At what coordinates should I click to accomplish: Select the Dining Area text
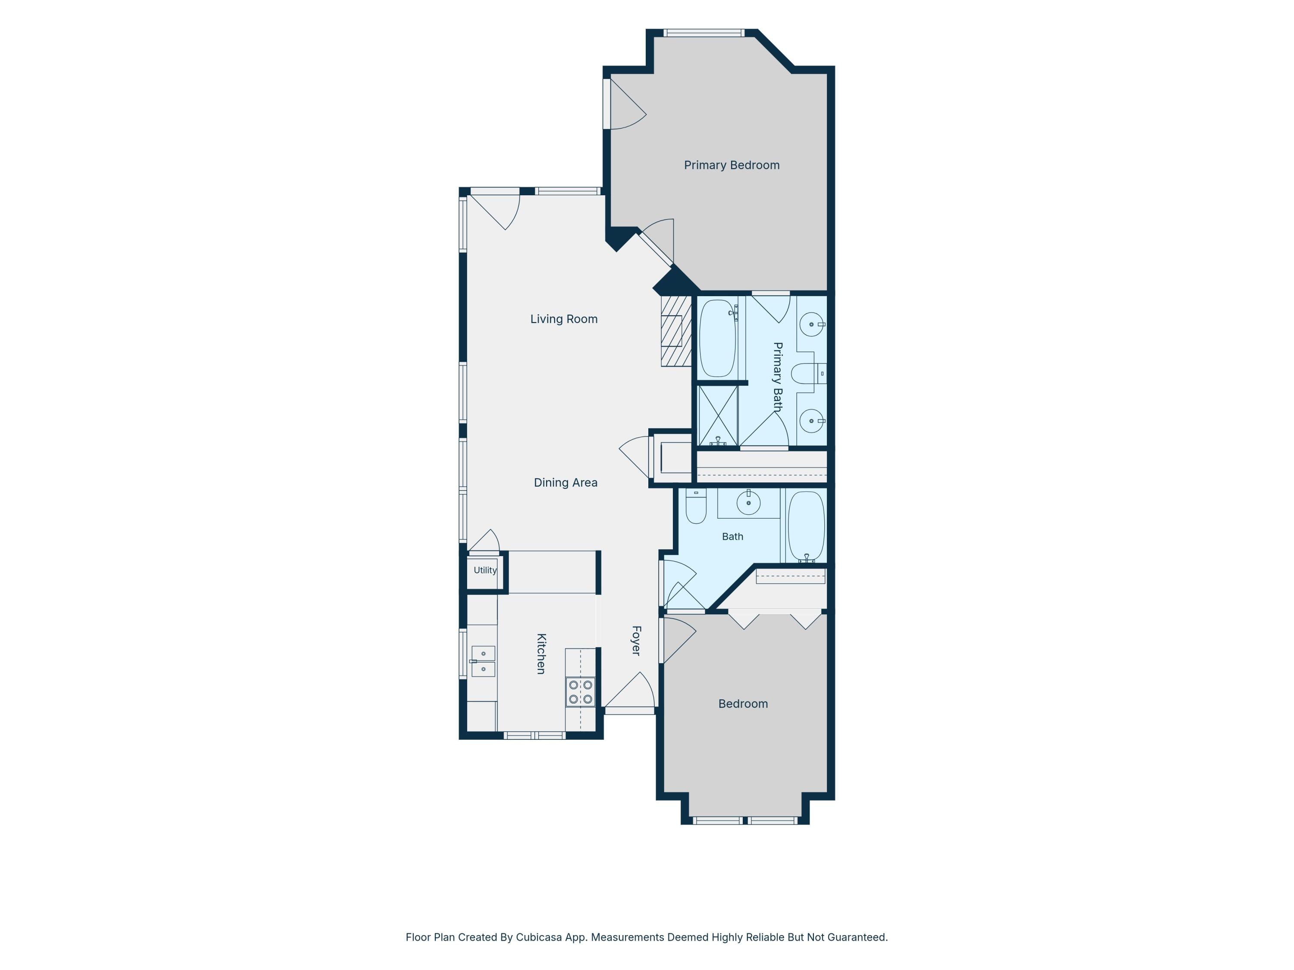[x=565, y=482]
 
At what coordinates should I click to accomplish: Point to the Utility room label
[x=485, y=570]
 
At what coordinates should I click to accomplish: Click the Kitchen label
[x=541, y=654]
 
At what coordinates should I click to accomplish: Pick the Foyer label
[x=637, y=641]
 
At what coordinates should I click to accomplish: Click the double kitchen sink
[x=483, y=661]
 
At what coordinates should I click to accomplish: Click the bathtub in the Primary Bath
[x=717, y=338]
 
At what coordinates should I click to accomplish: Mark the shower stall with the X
[x=718, y=416]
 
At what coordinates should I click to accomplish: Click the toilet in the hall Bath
[x=696, y=506]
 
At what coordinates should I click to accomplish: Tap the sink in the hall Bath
[x=748, y=502]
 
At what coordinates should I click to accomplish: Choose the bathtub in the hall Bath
[x=806, y=527]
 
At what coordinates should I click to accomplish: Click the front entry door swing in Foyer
[x=629, y=691]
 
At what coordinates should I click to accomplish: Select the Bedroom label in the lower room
[x=743, y=704]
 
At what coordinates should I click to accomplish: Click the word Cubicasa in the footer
[x=540, y=937]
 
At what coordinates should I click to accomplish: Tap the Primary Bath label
[x=777, y=377]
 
